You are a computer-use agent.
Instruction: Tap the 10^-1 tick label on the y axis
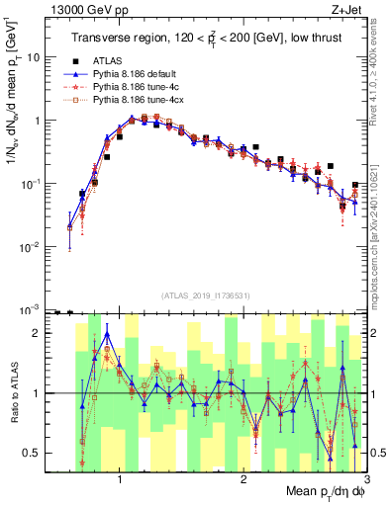tap(33, 184)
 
